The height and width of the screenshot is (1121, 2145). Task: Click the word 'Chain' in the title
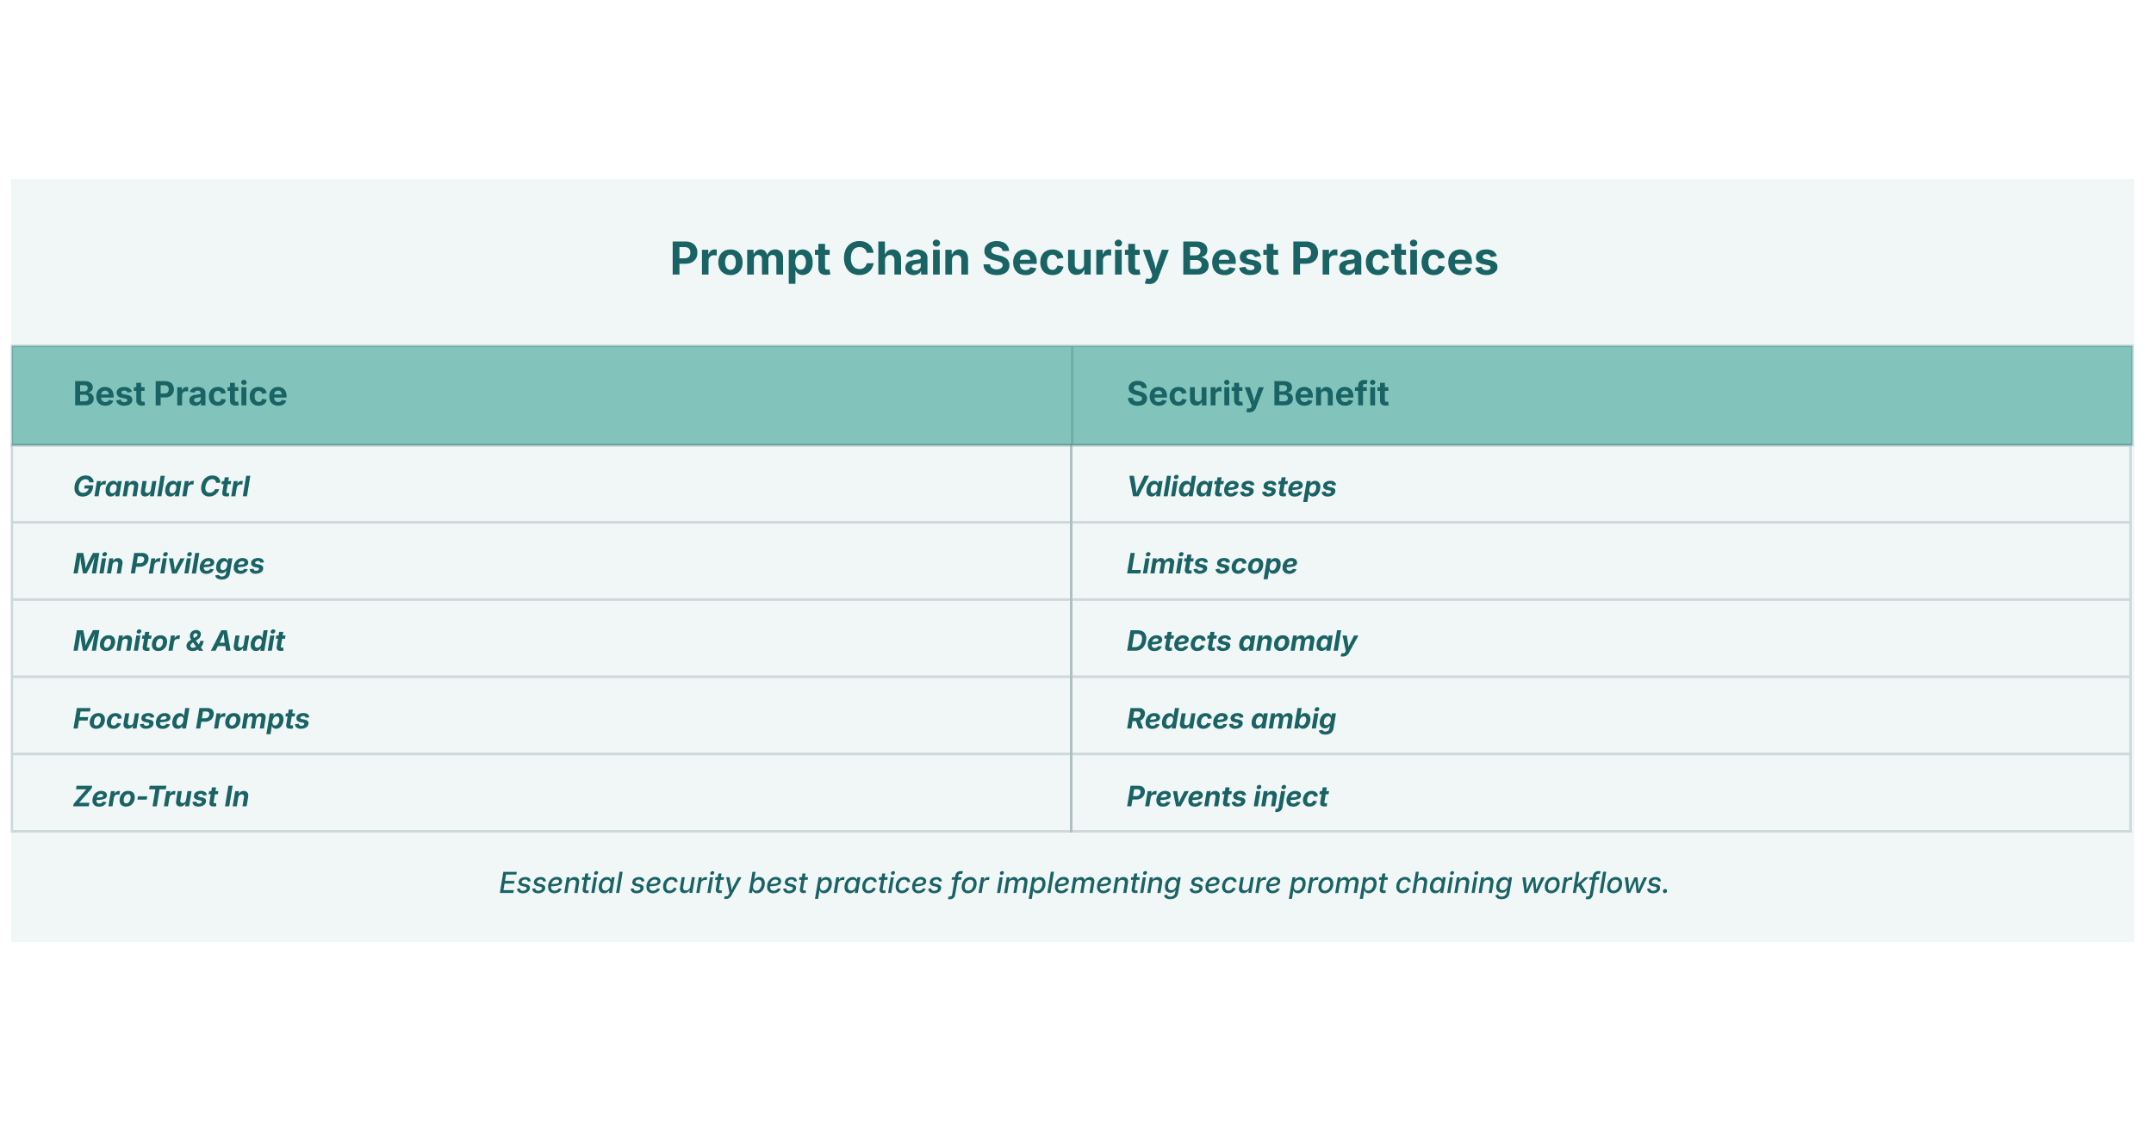coord(905,258)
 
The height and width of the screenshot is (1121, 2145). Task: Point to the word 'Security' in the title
coord(1074,260)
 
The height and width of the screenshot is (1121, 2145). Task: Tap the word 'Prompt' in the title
coord(750,260)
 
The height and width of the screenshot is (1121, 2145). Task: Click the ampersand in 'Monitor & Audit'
coord(195,641)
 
